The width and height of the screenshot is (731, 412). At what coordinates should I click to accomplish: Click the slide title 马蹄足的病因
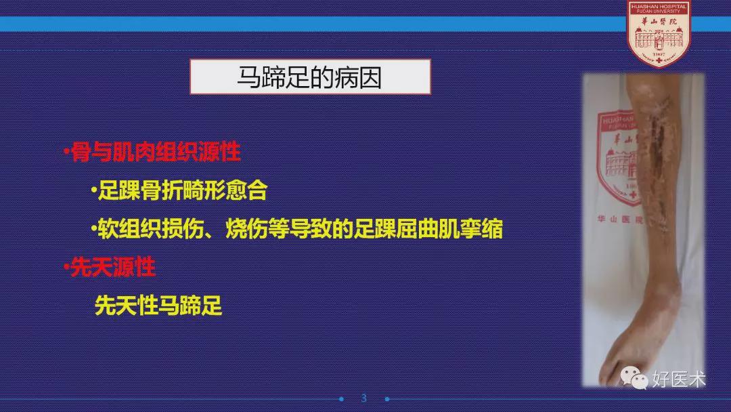point(309,77)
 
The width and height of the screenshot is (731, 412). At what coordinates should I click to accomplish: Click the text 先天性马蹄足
point(158,306)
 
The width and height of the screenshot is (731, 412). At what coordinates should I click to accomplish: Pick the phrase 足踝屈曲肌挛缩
point(428,229)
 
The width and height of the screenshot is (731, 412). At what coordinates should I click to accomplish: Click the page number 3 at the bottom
point(364,398)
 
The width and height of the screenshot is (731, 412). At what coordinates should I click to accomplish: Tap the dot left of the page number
point(341,399)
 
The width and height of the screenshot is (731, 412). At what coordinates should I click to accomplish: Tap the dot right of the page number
point(387,399)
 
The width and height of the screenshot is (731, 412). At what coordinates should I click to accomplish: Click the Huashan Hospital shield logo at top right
point(659,34)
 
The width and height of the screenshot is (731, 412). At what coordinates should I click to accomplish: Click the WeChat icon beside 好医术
point(634,377)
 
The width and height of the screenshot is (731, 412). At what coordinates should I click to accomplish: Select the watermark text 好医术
point(679,379)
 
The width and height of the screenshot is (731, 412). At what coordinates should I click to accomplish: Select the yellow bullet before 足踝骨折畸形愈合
point(93,190)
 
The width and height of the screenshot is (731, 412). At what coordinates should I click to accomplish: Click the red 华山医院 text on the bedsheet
point(619,218)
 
